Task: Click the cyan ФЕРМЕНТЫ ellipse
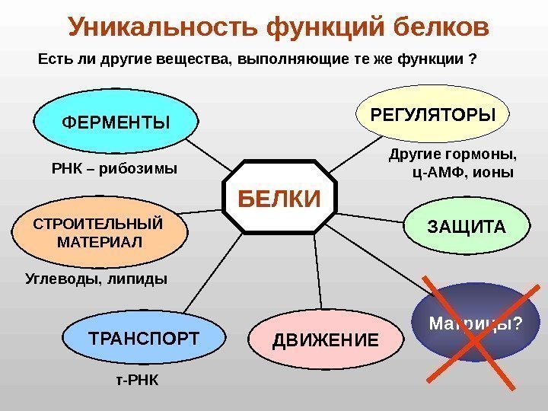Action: point(115,122)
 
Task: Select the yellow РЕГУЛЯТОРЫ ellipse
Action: point(432,114)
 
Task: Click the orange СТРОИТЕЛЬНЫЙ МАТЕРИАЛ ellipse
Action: point(100,233)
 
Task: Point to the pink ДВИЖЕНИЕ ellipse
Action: point(325,339)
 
